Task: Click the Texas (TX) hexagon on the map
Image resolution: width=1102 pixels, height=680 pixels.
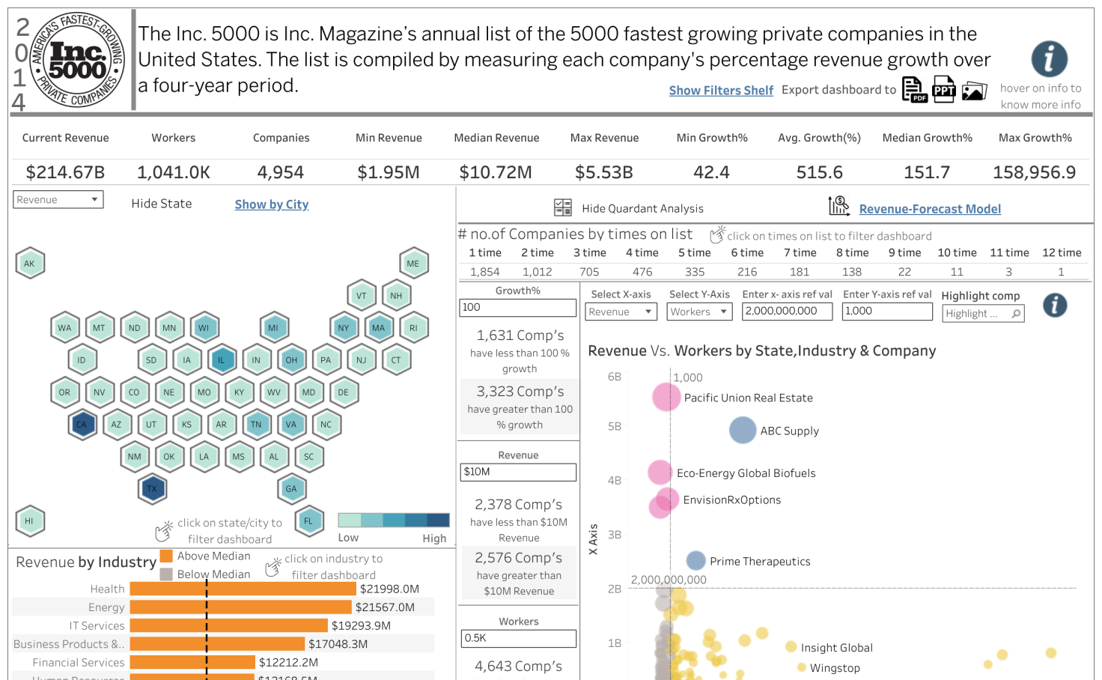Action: tap(152, 489)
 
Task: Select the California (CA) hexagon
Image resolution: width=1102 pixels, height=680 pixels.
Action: tap(82, 425)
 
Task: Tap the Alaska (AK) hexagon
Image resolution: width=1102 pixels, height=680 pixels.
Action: tap(30, 264)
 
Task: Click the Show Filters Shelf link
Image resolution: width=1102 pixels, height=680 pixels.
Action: tap(721, 91)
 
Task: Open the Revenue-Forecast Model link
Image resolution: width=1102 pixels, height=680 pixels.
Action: tap(930, 209)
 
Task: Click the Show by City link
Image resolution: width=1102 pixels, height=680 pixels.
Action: tap(271, 204)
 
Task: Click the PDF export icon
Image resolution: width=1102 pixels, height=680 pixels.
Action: tap(914, 90)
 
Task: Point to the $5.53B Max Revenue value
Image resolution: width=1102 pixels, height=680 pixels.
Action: tap(603, 173)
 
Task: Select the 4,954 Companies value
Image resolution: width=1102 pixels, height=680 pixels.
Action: tap(281, 173)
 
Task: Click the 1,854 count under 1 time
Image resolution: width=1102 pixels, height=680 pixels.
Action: tap(484, 272)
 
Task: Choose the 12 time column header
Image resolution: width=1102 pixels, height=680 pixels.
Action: tap(1062, 253)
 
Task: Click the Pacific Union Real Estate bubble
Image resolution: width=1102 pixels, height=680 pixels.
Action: tap(666, 397)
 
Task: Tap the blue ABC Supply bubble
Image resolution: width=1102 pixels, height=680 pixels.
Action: tap(743, 430)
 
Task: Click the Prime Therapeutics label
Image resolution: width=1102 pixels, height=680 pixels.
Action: tap(760, 562)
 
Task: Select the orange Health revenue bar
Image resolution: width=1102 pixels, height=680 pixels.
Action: tap(243, 589)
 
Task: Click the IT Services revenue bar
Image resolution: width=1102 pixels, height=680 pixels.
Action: tap(228, 625)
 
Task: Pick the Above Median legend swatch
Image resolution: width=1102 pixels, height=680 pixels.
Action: tap(166, 556)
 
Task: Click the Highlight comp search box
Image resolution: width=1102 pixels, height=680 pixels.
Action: tap(982, 314)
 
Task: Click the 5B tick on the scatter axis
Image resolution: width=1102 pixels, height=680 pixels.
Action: tap(615, 427)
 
